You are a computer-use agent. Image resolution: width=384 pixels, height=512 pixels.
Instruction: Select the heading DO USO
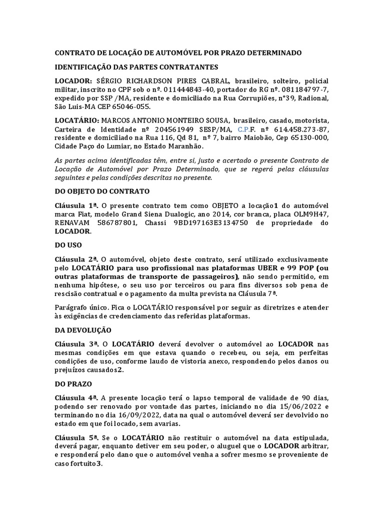pos(68,245)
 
